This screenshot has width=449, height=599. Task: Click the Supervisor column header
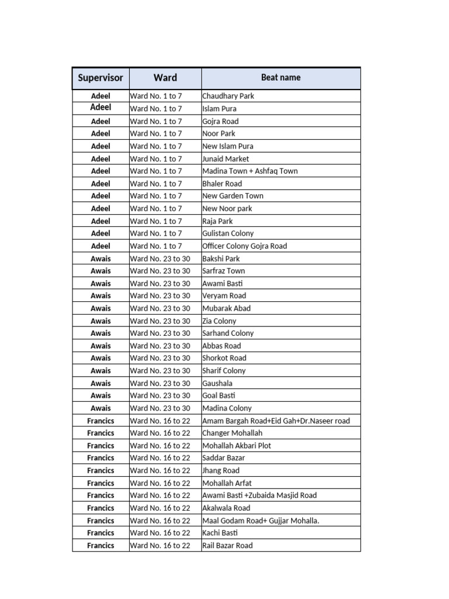[101, 78]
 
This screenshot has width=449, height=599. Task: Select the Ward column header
[165, 78]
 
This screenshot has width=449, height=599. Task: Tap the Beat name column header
[281, 78]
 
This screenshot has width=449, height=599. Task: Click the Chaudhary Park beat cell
[228, 96]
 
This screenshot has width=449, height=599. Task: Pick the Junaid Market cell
[226, 159]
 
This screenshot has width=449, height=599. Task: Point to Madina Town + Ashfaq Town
[250, 171]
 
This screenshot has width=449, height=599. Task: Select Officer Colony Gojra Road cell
[244, 246]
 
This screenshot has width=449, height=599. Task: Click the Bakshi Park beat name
[221, 259]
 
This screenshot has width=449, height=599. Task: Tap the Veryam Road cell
[224, 295]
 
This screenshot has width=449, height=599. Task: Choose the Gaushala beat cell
[217, 383]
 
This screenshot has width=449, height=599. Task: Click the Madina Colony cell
[227, 408]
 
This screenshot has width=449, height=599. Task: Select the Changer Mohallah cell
[232, 433]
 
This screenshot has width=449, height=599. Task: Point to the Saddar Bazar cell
[223, 458]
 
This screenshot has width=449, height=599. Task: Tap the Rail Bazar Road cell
[227, 545]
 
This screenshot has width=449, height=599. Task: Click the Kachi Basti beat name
[220, 533]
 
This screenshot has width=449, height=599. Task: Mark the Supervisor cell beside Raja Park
[101, 221]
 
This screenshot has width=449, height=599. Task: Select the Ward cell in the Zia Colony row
[160, 321]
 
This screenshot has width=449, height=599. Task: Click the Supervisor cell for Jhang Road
[101, 470]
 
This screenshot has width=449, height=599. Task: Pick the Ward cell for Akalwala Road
[160, 508]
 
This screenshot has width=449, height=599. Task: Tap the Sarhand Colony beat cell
[228, 333]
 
